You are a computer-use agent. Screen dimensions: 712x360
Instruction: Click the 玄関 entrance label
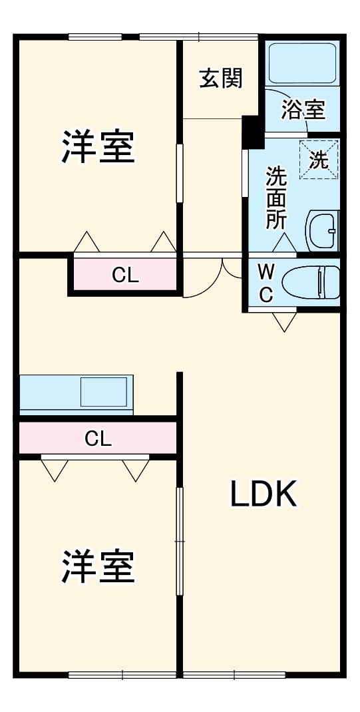[x=221, y=79]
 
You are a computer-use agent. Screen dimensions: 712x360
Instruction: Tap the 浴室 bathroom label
[x=303, y=109]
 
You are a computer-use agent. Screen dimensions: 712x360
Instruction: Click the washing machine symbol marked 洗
[x=319, y=160]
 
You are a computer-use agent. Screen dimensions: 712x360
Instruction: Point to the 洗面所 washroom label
[x=276, y=198]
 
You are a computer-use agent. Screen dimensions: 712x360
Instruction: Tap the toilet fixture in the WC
[x=311, y=282]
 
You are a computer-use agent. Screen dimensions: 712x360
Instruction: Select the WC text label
[x=266, y=283]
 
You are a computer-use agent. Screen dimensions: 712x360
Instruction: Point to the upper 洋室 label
[x=98, y=147]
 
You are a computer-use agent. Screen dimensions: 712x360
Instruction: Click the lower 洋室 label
[x=98, y=566]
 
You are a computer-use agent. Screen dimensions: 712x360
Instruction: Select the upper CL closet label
[x=125, y=275]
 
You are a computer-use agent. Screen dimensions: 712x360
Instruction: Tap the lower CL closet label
[x=98, y=439]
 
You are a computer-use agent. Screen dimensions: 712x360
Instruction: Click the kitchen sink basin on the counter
[x=103, y=392]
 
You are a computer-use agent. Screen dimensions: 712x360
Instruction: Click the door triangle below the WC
[x=285, y=321]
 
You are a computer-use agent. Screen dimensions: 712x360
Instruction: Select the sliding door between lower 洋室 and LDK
[x=178, y=541]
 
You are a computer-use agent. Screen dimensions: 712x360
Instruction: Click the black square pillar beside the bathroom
[x=252, y=132]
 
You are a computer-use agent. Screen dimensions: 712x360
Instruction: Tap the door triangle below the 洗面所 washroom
[x=284, y=244]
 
